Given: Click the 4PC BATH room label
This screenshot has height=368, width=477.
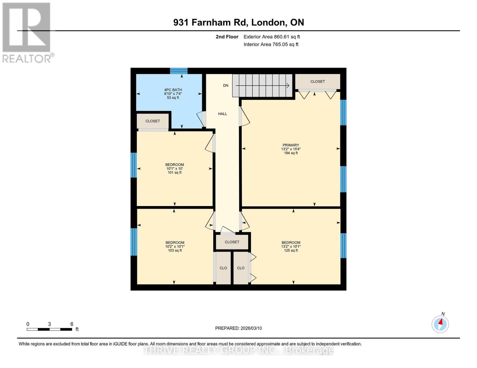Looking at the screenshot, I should tap(173, 90).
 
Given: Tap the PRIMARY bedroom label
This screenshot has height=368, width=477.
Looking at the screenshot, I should tap(291, 145).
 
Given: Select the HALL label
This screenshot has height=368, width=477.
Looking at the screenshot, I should tap(222, 114).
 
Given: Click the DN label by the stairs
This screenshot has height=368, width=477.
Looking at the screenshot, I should tap(226, 86).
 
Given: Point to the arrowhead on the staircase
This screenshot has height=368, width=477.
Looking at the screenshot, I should tap(288, 86).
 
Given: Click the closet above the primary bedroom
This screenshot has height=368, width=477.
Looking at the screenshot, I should tap(318, 82).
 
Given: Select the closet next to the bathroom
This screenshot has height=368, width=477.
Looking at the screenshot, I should tap(153, 121).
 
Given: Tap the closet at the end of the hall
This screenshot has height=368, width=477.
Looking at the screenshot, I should tap(232, 242).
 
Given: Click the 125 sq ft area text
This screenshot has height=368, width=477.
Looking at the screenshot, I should tap(291, 251).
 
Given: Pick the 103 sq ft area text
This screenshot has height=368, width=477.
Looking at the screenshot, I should tap(175, 251).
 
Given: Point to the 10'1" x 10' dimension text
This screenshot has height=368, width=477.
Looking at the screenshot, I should tap(174, 169).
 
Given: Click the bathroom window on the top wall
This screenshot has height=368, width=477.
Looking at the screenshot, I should tap(179, 71).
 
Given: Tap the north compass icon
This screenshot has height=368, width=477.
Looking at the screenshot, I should tap(440, 324).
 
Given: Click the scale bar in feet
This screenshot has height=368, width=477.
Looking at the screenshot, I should tap(49, 329).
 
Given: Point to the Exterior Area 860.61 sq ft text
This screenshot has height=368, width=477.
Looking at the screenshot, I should tap(272, 37).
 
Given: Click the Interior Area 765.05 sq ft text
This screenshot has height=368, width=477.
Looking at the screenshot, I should tap(271, 44).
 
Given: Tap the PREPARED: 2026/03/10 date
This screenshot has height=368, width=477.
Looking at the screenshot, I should tap(238, 328).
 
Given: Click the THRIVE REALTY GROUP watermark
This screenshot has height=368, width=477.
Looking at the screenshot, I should tap(238, 350).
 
